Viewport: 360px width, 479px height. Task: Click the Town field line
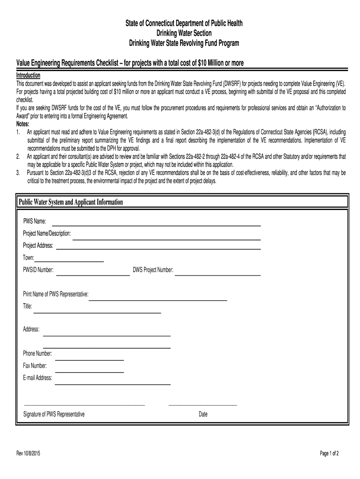coord(69,261)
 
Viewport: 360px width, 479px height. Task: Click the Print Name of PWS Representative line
coord(158,298)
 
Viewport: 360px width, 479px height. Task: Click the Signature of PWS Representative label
coord(54,414)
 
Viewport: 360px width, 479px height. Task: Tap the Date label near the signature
coord(203,414)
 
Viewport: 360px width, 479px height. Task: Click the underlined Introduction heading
coord(29,75)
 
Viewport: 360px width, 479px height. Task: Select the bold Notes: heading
coord(23,124)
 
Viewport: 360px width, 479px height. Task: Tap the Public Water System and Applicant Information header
coord(71,202)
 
